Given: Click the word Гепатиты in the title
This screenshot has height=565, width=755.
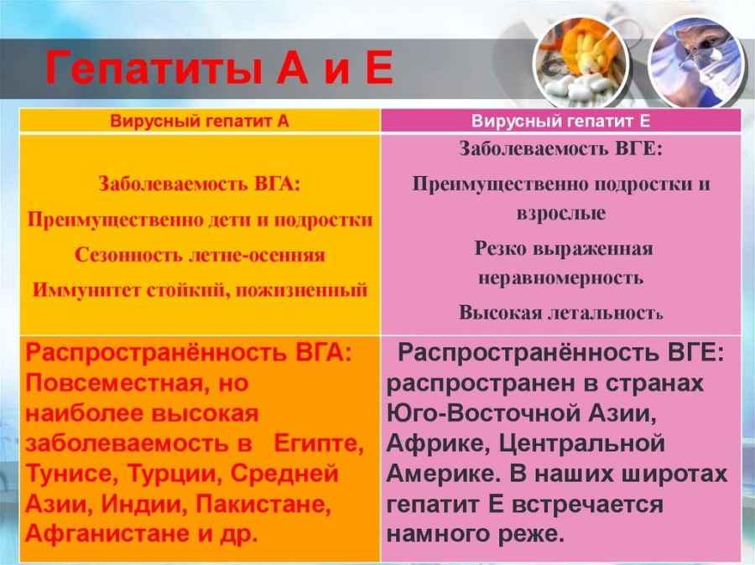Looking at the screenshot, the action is pos(154,69).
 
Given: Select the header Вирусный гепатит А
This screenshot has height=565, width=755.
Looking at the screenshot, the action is pos(200,121).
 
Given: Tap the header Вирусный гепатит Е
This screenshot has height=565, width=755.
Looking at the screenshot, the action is pos(560,121).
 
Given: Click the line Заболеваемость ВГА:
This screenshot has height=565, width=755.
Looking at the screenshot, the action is pos(200,184).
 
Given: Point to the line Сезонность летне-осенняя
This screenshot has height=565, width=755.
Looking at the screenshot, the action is pos(200,255).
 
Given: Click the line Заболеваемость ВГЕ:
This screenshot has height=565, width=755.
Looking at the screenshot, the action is pos(561,148).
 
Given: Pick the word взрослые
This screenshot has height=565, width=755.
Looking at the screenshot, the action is pos(561,213).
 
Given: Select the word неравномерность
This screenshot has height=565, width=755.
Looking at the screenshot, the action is pos(561,278).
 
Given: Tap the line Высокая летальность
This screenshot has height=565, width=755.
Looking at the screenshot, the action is pos(561,313).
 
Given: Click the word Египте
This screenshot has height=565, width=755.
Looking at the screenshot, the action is pos(318,444).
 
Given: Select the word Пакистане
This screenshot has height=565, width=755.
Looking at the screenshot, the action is pos(264,505).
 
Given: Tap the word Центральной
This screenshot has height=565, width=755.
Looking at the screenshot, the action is pos(581,443).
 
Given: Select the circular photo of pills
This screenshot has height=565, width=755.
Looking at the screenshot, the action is pos(581,63).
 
